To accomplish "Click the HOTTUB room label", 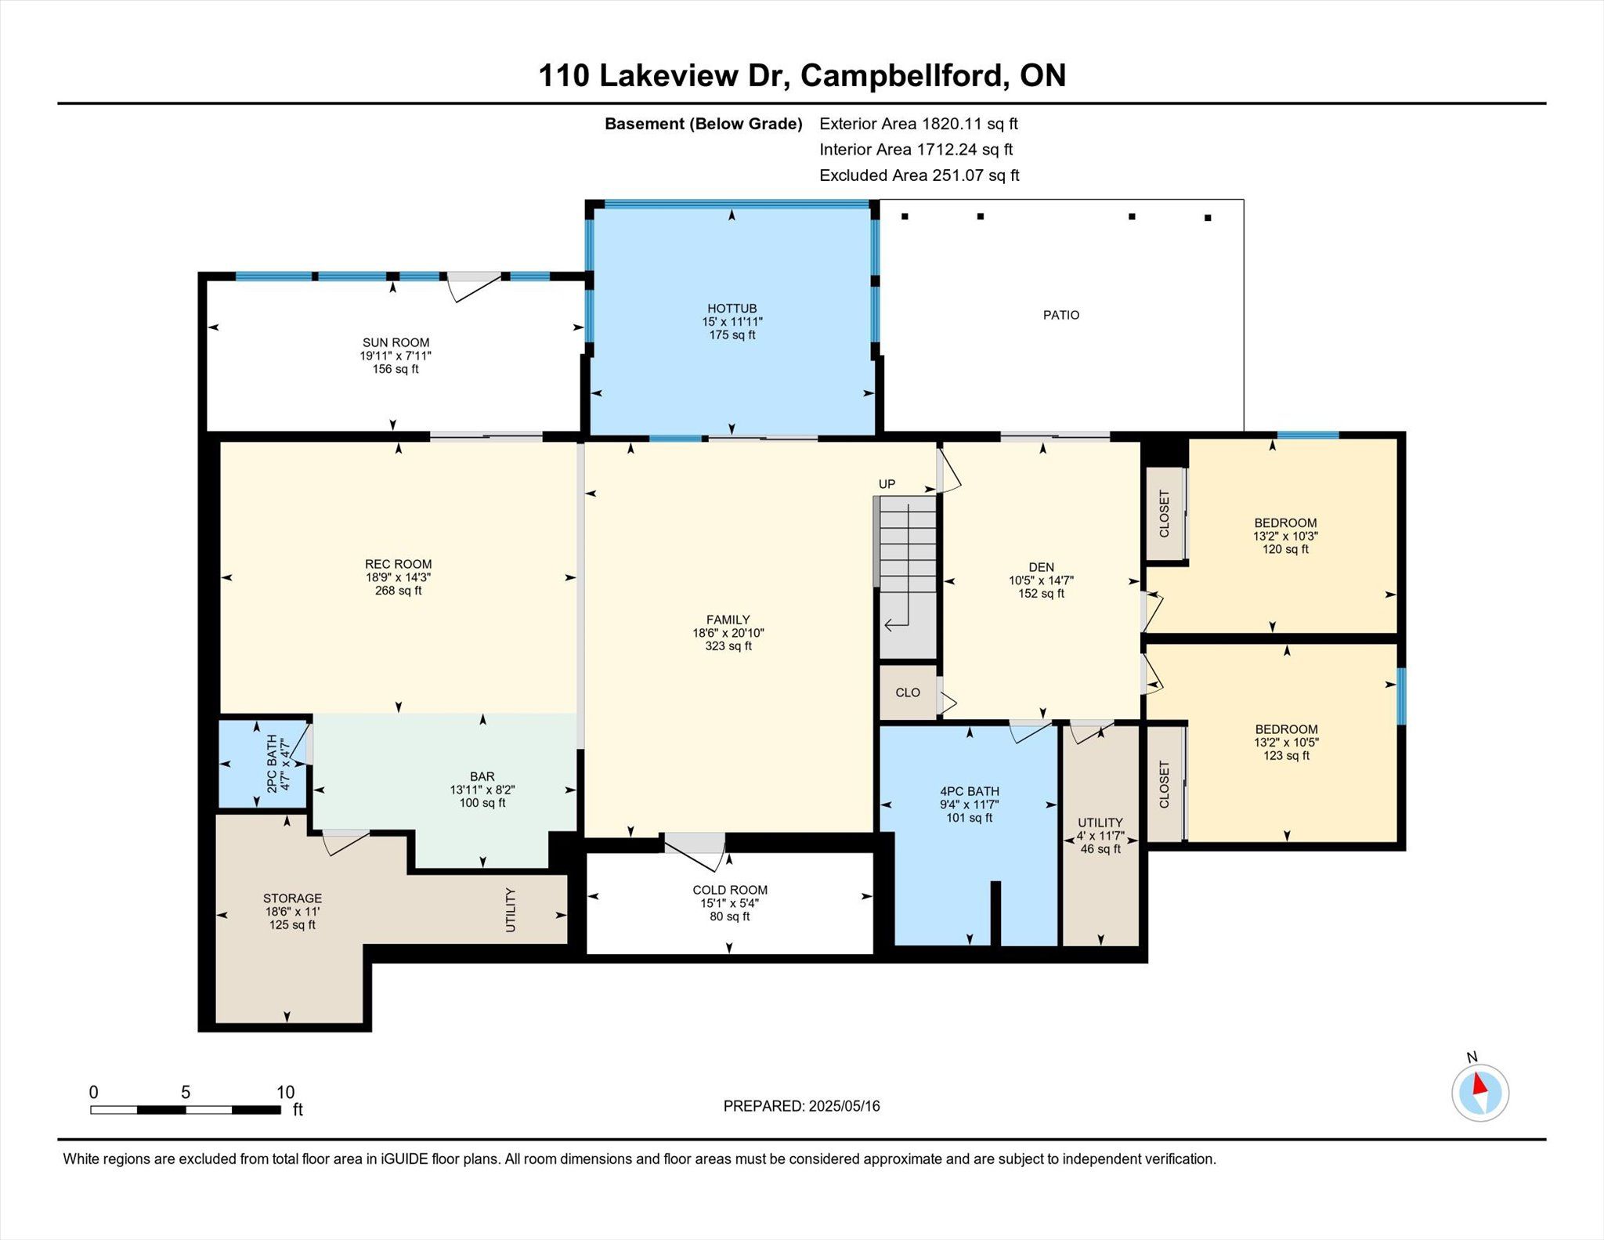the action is (732, 309).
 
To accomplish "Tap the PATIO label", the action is (1061, 315).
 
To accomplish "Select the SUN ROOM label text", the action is (396, 342).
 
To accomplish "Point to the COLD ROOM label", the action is (730, 890).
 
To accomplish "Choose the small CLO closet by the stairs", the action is (908, 692).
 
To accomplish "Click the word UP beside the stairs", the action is (887, 484).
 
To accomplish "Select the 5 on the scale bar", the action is (186, 1093).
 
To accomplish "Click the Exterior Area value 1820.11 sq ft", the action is (970, 124).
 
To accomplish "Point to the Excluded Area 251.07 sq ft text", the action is (919, 175).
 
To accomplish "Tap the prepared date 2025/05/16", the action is (844, 1106).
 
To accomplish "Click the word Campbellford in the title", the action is (901, 76).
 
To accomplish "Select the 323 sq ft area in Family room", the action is (728, 646).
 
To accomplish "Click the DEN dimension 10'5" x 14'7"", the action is (1041, 580).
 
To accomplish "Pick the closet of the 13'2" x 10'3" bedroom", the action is (1165, 514).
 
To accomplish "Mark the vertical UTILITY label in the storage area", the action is (511, 909).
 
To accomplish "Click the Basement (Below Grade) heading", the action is (703, 124).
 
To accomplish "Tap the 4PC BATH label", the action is (970, 791).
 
